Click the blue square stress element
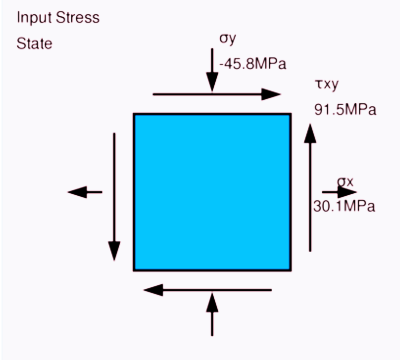tap(212, 192)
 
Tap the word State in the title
tap(34, 44)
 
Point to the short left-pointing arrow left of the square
tap(85, 192)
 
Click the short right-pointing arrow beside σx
tap(339, 192)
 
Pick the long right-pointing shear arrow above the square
tap(217, 94)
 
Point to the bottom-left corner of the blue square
tap(134, 270)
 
